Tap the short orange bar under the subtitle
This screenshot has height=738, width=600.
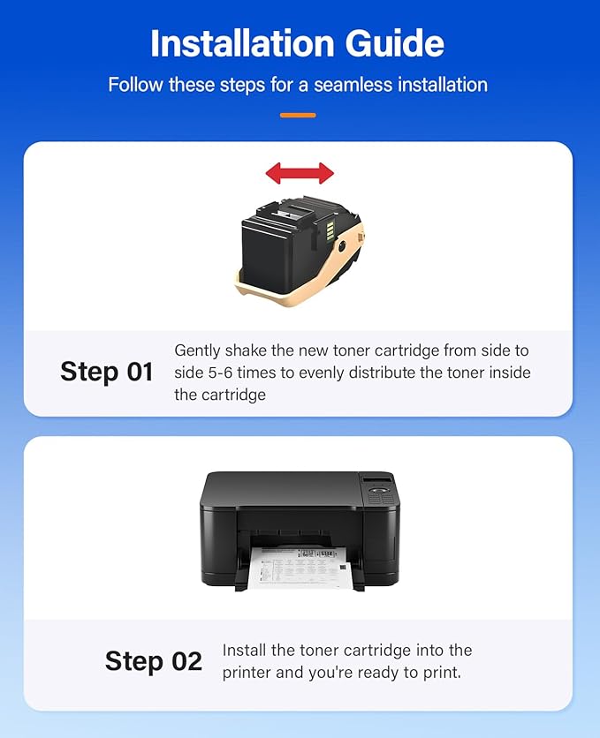tap(298, 115)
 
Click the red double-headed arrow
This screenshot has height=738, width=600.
tap(300, 172)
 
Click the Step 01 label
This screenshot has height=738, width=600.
tap(107, 372)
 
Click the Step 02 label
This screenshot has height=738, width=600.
tap(154, 660)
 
